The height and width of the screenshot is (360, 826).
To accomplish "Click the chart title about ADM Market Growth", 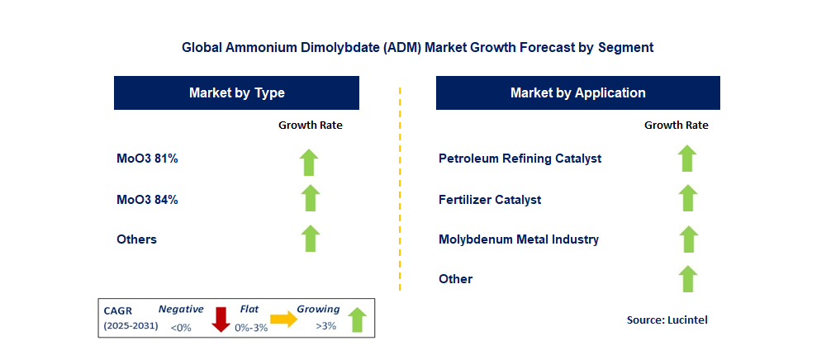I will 417,48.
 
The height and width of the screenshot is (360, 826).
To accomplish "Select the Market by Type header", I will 236,93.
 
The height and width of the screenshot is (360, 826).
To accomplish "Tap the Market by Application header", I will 577,93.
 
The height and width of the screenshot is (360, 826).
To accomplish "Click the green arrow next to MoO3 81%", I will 310,162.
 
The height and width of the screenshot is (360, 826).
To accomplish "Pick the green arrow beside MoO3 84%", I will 310,198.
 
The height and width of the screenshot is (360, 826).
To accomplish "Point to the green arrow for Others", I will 310,239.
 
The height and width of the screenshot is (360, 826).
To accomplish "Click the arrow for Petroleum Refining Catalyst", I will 686,158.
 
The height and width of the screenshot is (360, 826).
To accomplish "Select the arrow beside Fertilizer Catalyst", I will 686,198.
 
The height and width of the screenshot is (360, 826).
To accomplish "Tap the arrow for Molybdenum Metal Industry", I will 686,239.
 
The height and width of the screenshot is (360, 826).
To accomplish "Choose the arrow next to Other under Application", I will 686,278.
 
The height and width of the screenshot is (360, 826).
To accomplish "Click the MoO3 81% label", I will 148,159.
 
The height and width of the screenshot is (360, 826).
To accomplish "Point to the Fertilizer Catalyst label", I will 490,199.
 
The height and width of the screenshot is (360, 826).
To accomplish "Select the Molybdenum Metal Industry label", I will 519,239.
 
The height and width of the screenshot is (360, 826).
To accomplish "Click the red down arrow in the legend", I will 221,319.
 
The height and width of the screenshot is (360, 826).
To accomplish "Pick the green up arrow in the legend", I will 357,319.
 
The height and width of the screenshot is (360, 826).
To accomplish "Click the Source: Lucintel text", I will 667,320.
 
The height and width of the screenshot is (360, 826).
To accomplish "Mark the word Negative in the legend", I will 181,309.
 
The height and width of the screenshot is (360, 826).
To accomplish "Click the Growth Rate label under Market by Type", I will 310,126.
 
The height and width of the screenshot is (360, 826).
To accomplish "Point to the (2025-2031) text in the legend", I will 131,327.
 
